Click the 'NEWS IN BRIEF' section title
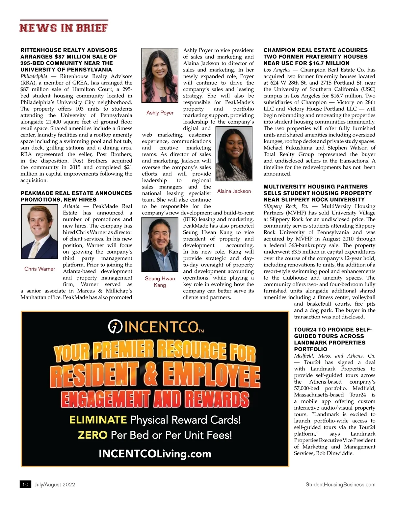[x=64, y=28]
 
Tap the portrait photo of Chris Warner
[x=39, y=232]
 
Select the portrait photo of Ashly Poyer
[x=160, y=75]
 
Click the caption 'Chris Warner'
[x=39, y=269]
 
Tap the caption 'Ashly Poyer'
[x=160, y=113]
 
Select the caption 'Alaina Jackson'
[x=234, y=191]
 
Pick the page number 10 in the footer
[x=25, y=484]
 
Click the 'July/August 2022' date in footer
[x=55, y=484]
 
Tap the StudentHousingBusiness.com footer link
[x=340, y=484]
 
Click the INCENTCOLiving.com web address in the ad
[x=155, y=454]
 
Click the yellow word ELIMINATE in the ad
[x=98, y=420]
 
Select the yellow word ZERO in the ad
[x=92, y=435]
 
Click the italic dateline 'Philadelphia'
[x=34, y=76]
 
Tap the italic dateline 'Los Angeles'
[x=277, y=70]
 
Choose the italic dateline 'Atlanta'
[x=71, y=206]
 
